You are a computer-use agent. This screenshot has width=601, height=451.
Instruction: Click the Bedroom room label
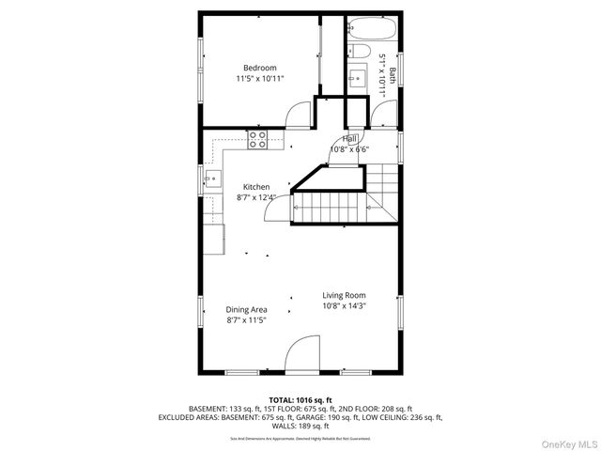click(260, 68)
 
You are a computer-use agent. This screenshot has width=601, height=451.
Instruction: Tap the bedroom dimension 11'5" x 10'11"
click(260, 80)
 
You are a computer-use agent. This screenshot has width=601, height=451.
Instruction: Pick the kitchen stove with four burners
click(258, 139)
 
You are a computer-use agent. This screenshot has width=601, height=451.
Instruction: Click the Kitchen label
click(256, 187)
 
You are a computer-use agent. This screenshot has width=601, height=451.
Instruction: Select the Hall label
click(349, 139)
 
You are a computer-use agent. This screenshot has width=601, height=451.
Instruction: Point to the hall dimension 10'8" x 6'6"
click(349, 149)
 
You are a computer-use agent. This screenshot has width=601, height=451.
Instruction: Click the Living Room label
click(344, 295)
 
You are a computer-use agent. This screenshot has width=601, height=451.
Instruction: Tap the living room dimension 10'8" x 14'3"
click(344, 306)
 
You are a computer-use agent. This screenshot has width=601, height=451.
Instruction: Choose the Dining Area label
click(247, 309)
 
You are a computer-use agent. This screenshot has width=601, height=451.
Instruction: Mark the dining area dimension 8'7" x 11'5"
click(247, 320)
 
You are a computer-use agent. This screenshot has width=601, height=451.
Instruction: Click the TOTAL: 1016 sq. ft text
click(300, 400)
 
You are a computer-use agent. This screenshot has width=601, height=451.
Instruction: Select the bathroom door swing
click(384, 115)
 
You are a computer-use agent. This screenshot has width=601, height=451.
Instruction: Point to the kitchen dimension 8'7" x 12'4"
click(256, 198)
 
